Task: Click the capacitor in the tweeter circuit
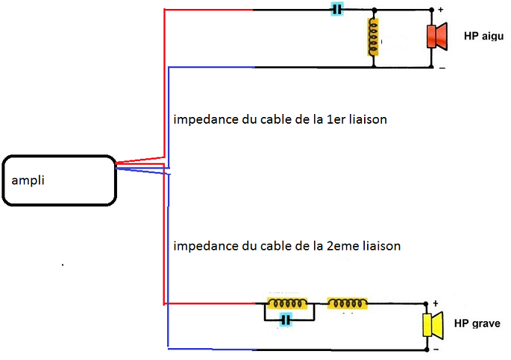[x=338, y=10]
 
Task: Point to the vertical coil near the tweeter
[x=372, y=38]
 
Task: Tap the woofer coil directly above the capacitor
[x=287, y=303]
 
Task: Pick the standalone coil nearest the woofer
[x=347, y=303]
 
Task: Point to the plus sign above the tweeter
[x=439, y=10]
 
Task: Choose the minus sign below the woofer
[x=436, y=348]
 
